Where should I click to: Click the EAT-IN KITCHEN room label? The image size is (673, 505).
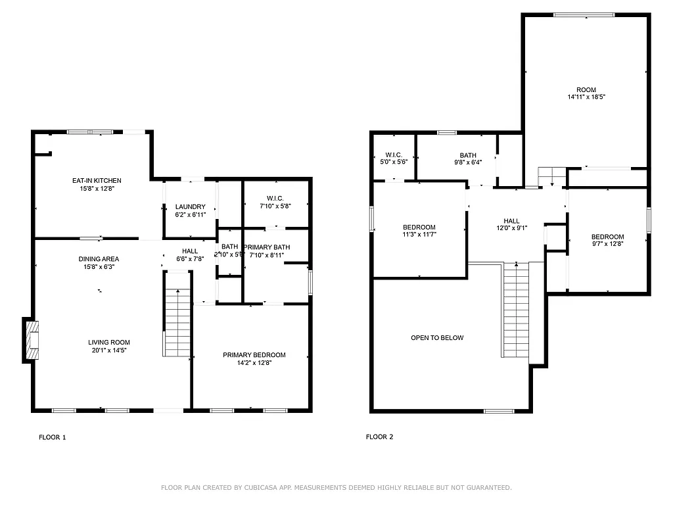coord(97,180)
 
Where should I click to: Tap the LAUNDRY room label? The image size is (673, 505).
coord(190,206)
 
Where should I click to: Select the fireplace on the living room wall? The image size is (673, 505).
coord(32,339)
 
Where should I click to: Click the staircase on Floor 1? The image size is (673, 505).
coord(177,322)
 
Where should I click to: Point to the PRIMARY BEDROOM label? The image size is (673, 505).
coord(254,355)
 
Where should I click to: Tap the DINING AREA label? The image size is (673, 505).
coord(99,259)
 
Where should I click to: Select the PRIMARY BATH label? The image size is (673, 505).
coord(266,247)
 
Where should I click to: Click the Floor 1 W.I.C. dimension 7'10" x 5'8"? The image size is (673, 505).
coord(275,206)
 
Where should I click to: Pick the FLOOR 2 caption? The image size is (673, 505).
coord(379,437)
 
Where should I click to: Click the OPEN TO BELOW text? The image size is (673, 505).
coord(437,338)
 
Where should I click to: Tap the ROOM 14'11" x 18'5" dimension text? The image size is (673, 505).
coord(586,97)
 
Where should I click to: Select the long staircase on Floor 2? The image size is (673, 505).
coord(516,309)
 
